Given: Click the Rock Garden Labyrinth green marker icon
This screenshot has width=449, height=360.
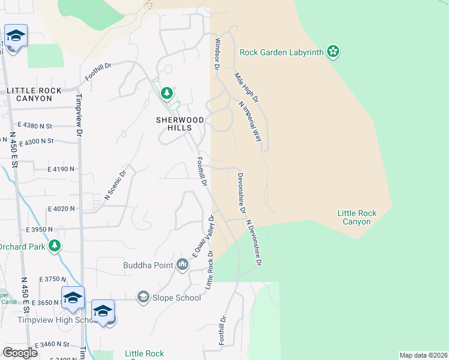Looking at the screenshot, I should (333, 52).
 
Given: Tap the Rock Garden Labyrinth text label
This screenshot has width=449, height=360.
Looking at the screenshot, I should (282, 52).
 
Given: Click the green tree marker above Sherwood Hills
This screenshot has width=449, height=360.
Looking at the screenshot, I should (167, 93).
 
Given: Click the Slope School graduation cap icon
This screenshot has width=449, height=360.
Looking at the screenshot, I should (143, 297).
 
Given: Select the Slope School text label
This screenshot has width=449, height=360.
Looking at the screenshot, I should (176, 298).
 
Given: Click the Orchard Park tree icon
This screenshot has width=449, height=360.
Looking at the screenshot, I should (55, 246).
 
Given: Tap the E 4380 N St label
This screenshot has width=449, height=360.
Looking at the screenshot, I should (35, 125).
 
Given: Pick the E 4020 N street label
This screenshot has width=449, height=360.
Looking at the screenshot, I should (62, 209).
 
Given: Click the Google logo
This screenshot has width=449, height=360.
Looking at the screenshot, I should (20, 353).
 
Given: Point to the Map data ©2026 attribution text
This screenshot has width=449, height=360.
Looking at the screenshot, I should (423, 355).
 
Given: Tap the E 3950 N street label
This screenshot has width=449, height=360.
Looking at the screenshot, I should (40, 230).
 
